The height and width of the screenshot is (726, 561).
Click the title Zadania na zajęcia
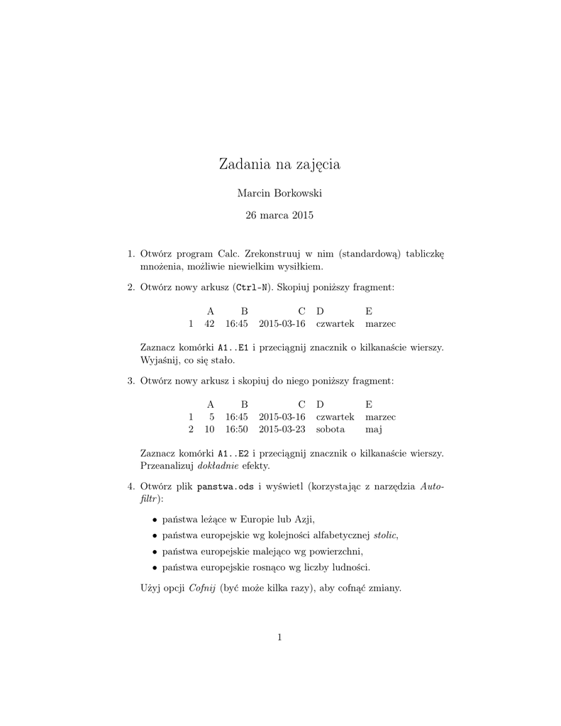280,164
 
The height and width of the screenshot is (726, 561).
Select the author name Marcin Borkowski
279,193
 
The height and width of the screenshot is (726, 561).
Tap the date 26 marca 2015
279,215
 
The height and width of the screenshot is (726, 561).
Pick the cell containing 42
209,323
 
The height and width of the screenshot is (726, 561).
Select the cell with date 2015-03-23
282,430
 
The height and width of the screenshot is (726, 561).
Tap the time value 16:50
236,430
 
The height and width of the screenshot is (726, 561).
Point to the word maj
373,430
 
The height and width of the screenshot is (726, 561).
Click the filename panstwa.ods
226,487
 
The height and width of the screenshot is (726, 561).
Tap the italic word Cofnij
203,588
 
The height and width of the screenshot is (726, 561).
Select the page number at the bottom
280,637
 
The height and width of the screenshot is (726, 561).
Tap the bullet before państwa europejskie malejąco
155,551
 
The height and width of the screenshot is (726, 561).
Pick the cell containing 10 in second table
209,430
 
